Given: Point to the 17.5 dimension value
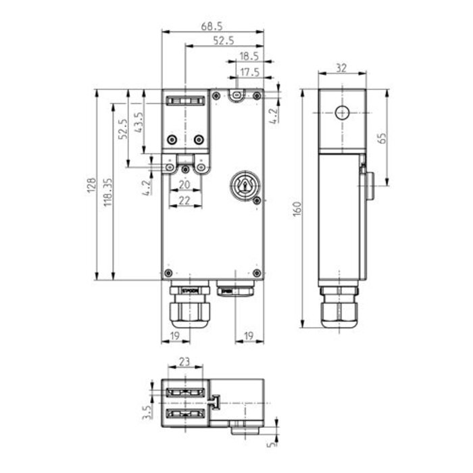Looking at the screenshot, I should [x=249, y=72].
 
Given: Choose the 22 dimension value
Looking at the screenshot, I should [x=184, y=201].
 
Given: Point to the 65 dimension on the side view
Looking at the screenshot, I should [x=382, y=138].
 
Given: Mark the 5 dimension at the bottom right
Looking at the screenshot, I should [x=273, y=446].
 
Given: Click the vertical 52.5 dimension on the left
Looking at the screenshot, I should [x=122, y=128].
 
